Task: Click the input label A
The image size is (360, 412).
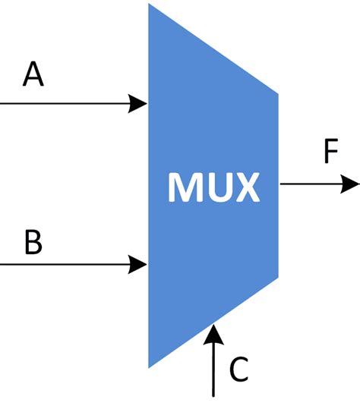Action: pos(33,75)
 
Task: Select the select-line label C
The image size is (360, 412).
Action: pos(239,370)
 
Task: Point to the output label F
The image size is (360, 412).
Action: pos(330,152)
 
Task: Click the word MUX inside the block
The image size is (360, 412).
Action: pos(213,187)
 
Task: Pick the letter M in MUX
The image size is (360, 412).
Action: pos(185,187)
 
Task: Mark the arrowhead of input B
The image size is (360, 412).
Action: pos(139,264)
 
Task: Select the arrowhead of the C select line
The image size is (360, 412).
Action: pos(215,332)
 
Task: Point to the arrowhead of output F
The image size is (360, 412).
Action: pos(350,184)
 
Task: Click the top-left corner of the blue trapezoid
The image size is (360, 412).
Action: pos(150,5)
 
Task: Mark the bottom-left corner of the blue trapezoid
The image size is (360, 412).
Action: pos(150,366)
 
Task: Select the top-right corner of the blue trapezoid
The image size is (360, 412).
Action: pos(278,95)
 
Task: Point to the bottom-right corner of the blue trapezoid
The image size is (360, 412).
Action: pos(278,276)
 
